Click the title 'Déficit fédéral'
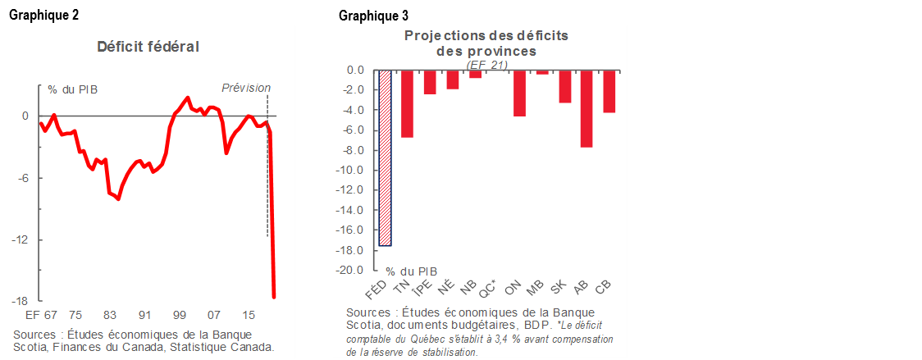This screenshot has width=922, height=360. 148,47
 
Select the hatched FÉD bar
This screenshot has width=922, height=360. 385,157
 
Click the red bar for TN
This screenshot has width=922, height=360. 407,103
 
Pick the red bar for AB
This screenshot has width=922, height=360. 586,108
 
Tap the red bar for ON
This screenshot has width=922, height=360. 519,93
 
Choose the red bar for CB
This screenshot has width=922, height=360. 609,91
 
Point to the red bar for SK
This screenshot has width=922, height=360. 564,86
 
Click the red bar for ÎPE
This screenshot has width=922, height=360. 430,82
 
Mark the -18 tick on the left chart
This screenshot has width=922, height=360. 21,301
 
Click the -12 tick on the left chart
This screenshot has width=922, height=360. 21,239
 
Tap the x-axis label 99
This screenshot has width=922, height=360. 180,315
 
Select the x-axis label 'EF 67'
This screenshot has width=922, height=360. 41,315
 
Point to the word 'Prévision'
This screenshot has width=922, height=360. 246,89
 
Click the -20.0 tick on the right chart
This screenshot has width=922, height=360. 350,270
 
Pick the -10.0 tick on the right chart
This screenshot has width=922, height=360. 350,170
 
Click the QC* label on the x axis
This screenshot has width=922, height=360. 491,287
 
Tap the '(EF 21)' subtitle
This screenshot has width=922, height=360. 486,64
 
